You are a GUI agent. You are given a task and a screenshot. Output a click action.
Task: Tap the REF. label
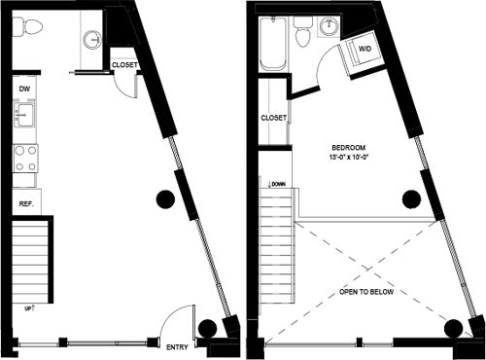[x=25, y=203]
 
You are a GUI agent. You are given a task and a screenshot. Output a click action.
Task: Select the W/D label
[x=365, y=48]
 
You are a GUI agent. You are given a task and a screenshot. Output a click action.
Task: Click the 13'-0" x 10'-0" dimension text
[x=349, y=155]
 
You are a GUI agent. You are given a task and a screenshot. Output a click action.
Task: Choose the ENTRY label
[x=177, y=347]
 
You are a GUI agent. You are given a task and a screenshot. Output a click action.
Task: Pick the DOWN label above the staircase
[x=277, y=183]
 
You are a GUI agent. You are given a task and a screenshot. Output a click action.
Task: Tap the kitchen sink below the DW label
[x=24, y=119]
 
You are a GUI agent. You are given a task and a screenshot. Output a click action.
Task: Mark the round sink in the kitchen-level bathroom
[x=91, y=40]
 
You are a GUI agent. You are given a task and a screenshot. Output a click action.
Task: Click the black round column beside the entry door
[x=206, y=329]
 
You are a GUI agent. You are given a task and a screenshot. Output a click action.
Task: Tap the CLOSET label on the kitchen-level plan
[x=124, y=65]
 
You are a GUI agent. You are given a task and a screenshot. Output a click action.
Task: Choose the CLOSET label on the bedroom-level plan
[x=273, y=118]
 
